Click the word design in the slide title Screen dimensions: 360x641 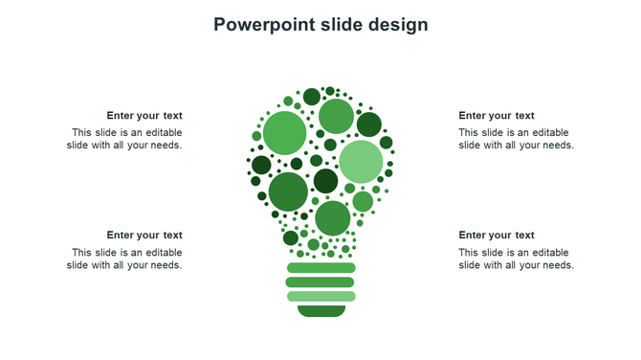pos(398,25)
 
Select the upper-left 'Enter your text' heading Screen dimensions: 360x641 pos(144,116)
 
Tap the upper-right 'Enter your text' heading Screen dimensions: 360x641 pos(497,116)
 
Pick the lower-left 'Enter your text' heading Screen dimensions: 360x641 pos(144,236)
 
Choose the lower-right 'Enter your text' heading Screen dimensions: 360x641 pos(497,236)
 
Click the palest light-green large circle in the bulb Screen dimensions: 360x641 pos(361,162)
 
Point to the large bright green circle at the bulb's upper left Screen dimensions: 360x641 pos(284,132)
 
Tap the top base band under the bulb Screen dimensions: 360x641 pos(320,268)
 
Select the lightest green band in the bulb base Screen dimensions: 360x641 pos(320,297)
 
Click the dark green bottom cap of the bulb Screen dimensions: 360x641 pos(320,311)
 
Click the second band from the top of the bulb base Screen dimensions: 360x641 pos(320,282)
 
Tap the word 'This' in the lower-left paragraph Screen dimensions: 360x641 pos(82,253)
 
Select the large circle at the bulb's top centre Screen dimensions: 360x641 pos(336,117)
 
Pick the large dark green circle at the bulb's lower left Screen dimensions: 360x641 pos(288,191)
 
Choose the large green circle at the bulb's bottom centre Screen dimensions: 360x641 pos(332,218)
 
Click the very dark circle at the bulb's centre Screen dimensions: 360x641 pos(325,181)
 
